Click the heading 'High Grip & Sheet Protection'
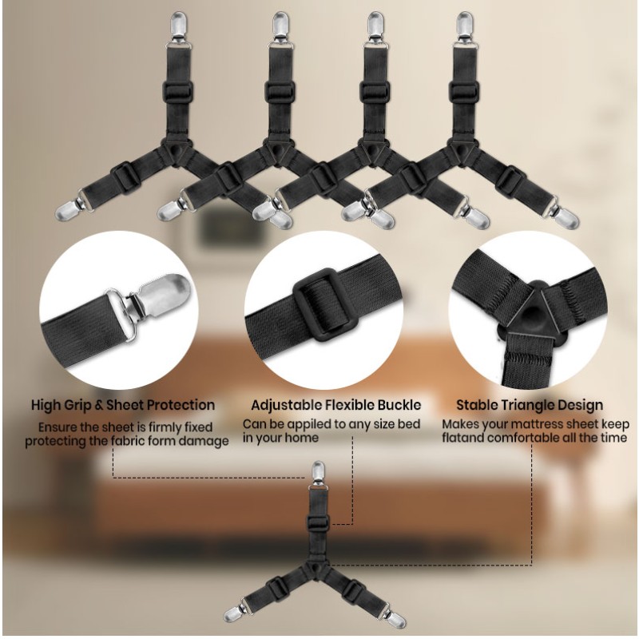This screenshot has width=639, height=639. (x=123, y=405)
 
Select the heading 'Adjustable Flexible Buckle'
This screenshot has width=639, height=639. (x=335, y=405)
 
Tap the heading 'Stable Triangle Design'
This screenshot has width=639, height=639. (x=530, y=405)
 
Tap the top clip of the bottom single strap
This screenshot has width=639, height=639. (x=316, y=478)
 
